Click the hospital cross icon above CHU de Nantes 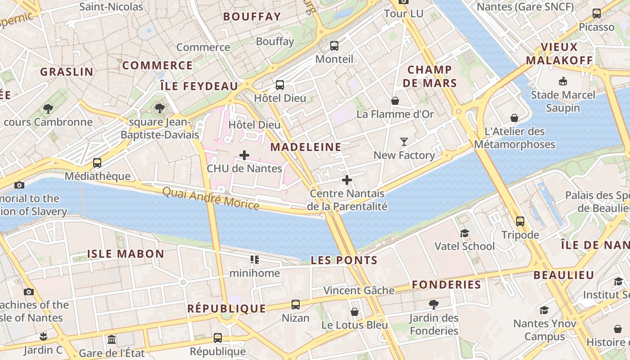[244, 156]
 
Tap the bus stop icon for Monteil [334, 45]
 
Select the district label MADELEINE [306, 147]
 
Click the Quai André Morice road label [211, 199]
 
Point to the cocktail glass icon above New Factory [404, 142]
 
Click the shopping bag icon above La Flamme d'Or [395, 101]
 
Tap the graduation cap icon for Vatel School [464, 233]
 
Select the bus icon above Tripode [520, 221]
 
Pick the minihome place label [255, 273]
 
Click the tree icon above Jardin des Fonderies [433, 305]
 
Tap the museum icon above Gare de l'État [112, 339]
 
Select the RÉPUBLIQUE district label [226, 309]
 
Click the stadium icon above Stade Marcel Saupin [562, 81]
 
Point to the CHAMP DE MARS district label [430, 76]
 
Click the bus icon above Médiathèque [97, 163]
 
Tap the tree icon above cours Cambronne [48, 108]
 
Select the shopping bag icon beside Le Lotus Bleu [355, 312]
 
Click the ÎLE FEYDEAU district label [199, 86]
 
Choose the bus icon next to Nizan [295, 305]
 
